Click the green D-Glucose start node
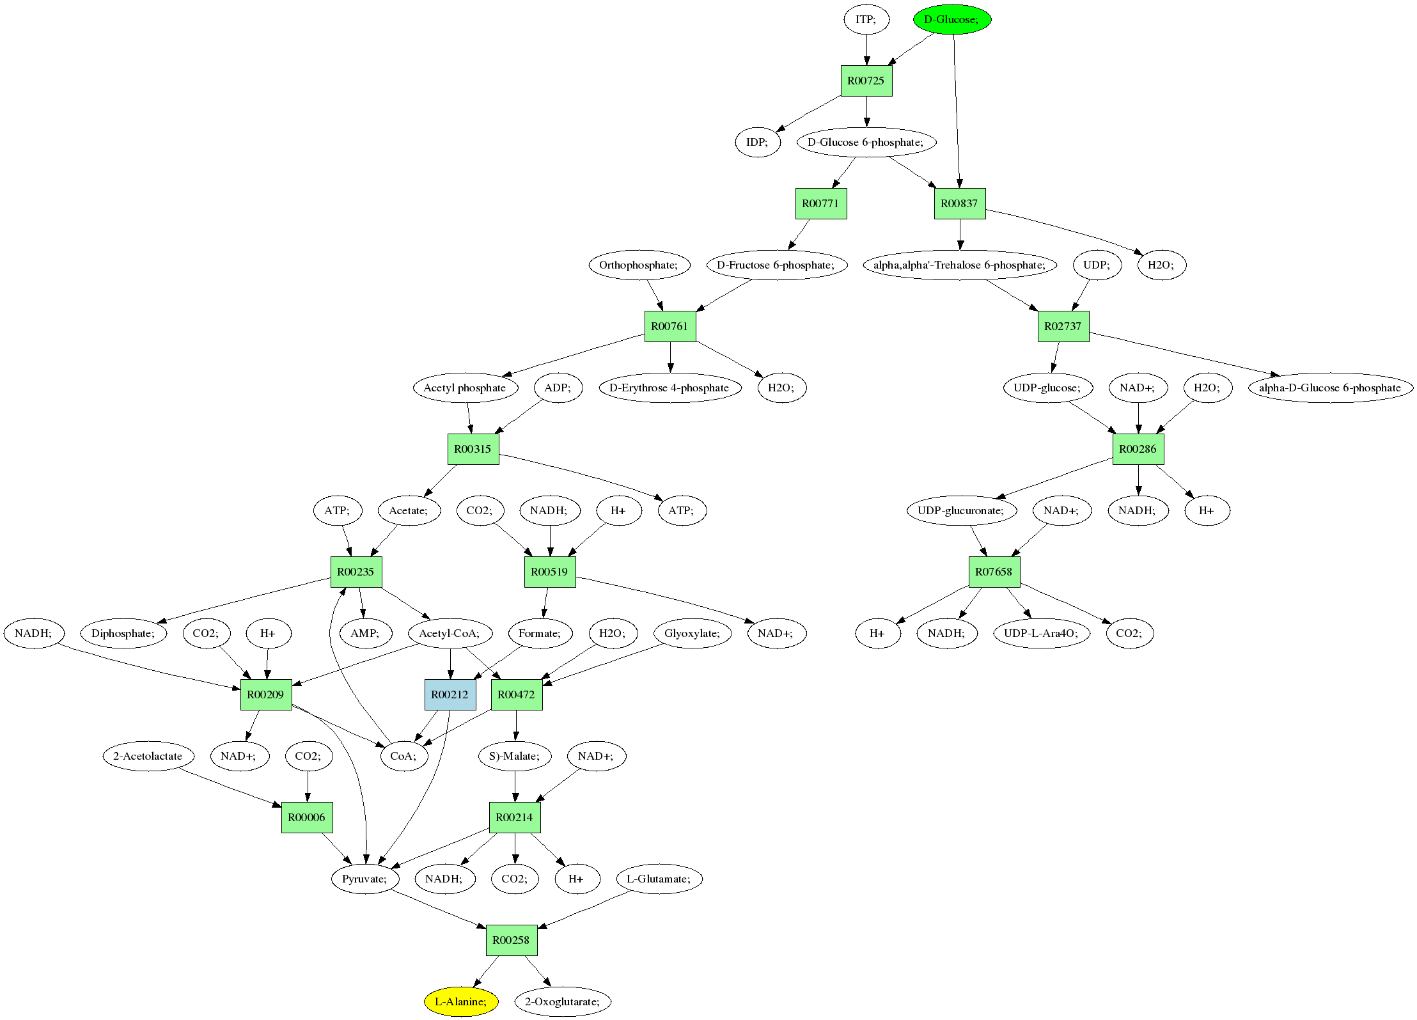tap(951, 19)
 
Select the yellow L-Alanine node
tap(460, 1001)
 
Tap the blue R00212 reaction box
tap(450, 694)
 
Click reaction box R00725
tap(866, 81)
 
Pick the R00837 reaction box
tap(959, 203)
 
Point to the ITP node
tap(866, 19)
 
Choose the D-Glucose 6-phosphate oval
tap(866, 142)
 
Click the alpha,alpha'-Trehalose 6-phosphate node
tap(959, 265)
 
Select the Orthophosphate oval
tap(639, 265)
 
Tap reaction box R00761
tap(669, 326)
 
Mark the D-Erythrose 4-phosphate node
tap(669, 388)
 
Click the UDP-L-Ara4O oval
tap(1041, 633)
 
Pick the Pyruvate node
tap(364, 879)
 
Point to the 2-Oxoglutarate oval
tap(562, 1001)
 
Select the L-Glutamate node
tap(659, 879)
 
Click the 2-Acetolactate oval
tap(148, 756)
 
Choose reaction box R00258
tap(511, 940)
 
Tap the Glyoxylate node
tap(692, 633)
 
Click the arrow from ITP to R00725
tap(866, 49)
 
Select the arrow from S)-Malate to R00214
tap(515, 787)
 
